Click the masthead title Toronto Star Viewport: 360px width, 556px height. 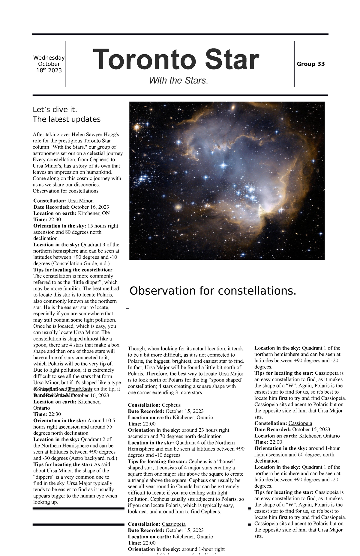[176, 60]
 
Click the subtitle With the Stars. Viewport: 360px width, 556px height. [178, 81]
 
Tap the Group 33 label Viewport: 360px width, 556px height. [310, 64]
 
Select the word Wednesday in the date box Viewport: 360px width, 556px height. [49, 58]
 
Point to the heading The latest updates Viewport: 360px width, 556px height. [66, 119]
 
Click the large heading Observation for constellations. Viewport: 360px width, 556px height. [212, 290]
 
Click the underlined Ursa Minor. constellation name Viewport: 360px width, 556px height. [80, 201]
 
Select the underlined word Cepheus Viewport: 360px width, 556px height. [171, 405]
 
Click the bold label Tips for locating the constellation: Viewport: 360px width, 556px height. [73, 270]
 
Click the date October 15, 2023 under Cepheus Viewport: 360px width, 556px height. [184, 411]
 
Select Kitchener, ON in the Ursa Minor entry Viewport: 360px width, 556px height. [94, 213]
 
